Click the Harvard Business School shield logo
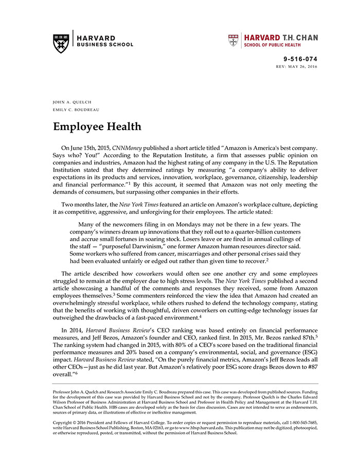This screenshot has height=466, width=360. point(61,43)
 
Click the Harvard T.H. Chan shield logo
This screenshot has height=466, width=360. point(233,41)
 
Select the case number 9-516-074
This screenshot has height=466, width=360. point(300,60)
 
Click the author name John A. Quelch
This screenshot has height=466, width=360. point(72,102)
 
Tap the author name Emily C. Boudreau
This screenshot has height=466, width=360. point(76,110)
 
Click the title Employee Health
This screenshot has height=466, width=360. point(97,127)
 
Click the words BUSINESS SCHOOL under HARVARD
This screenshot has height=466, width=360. point(105,45)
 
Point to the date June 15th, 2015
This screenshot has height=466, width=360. point(92,148)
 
